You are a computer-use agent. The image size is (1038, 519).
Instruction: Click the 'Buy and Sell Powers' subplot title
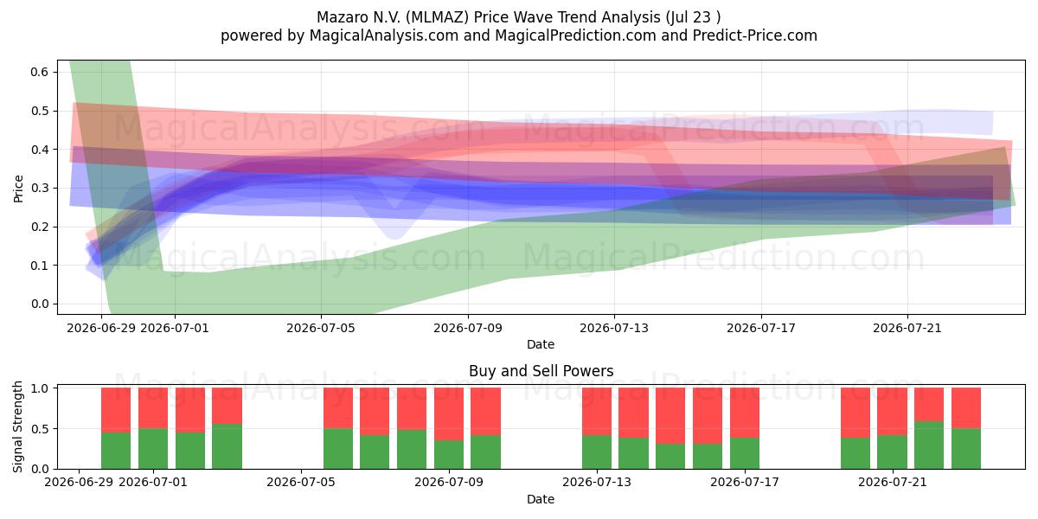(541, 371)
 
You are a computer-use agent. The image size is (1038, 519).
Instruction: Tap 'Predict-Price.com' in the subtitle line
(755, 35)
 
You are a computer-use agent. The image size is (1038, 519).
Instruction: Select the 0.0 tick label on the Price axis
(40, 304)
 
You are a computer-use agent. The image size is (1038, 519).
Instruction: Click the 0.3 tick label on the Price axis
(40, 189)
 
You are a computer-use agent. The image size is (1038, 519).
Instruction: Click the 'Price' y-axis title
(18, 189)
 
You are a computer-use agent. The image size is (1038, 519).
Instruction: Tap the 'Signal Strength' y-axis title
(17, 426)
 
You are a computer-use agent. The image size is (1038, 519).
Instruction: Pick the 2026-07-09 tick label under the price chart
(468, 329)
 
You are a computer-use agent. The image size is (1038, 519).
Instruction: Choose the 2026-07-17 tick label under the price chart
(761, 329)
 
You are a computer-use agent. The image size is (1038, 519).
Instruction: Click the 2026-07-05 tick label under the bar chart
(301, 483)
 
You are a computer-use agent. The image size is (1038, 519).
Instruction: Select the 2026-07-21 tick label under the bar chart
(893, 483)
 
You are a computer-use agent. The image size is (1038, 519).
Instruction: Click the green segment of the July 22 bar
(929, 445)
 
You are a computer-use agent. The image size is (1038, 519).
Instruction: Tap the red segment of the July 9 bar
(449, 414)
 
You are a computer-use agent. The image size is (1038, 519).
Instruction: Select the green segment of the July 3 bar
(227, 446)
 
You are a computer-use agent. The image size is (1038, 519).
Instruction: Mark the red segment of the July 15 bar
(670, 416)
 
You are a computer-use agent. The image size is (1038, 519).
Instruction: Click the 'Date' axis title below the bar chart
(541, 500)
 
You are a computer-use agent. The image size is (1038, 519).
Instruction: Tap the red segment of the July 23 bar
(966, 408)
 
